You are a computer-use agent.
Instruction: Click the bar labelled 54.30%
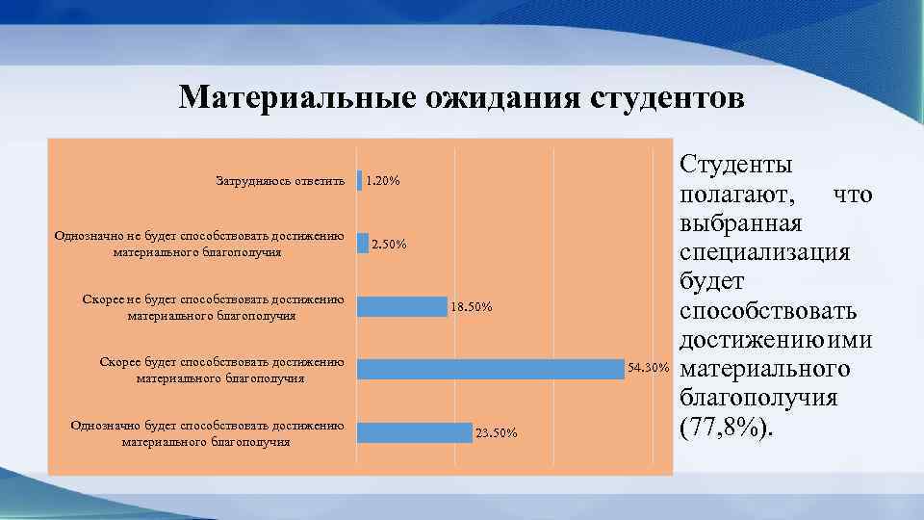pos(491,369)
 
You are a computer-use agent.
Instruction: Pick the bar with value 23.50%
pos(415,432)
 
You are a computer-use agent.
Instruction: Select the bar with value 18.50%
pos(402,306)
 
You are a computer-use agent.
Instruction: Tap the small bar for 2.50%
pos(363,244)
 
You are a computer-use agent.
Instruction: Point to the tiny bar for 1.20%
pos(359,180)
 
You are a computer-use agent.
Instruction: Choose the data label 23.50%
pos(496,433)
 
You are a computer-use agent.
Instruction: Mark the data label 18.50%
pos(472,307)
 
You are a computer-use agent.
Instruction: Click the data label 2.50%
pos(389,245)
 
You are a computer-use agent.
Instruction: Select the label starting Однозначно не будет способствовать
pos(199,245)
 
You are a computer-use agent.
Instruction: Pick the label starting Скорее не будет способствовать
pos(213,307)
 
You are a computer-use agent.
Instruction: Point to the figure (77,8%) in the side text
pos(727,427)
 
